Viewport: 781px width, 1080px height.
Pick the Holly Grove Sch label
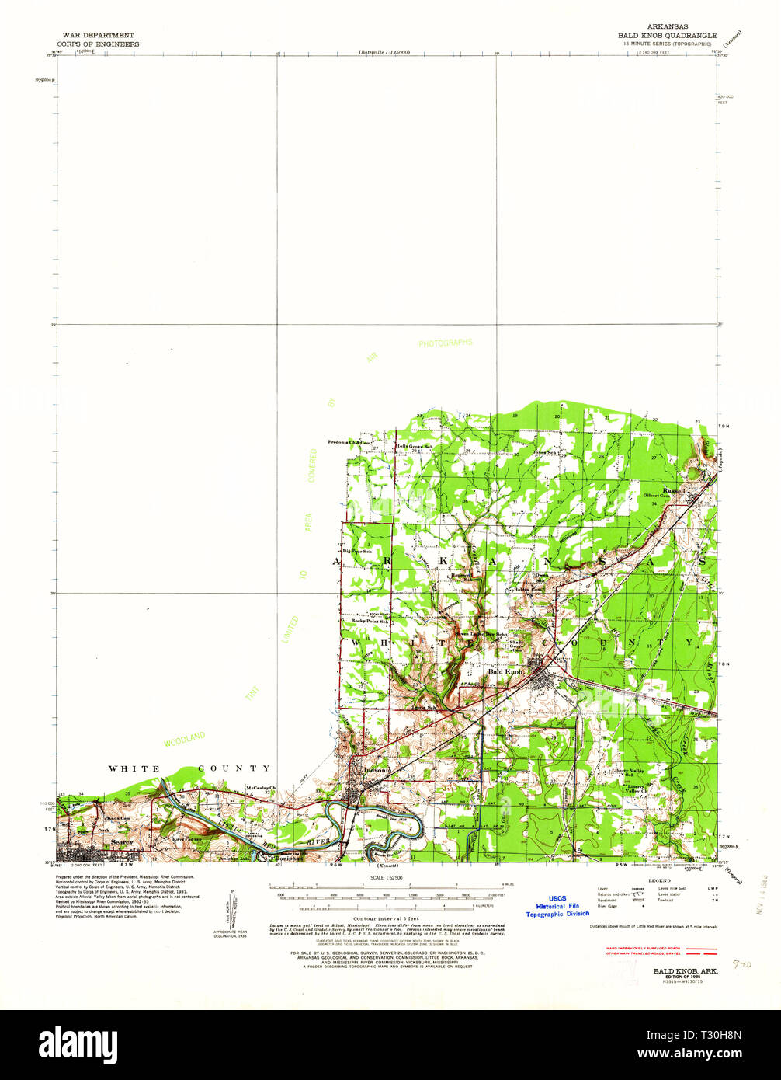414,446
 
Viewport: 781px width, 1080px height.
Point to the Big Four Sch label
357,552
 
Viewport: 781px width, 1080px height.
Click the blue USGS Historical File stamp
557,905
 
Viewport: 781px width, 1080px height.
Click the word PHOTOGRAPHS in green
445,343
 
